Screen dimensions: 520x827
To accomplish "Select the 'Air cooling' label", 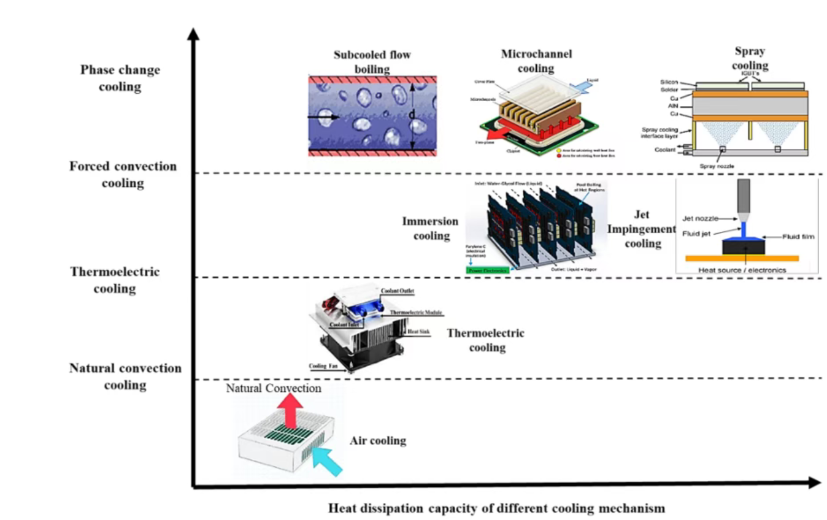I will click(378, 441).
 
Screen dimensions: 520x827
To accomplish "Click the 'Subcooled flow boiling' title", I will click(372, 62).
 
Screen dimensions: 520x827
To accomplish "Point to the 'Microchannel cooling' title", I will click(536, 61).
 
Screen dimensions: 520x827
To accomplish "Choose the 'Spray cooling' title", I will click(750, 59).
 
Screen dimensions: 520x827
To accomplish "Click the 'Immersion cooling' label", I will click(430, 228).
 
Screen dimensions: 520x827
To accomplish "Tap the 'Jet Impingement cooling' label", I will click(642, 229).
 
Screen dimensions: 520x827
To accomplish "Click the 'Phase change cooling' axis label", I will click(120, 78).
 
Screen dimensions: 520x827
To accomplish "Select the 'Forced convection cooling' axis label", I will click(123, 175).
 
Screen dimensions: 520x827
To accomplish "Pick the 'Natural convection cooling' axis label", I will click(125, 377).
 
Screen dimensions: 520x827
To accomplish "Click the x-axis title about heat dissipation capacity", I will click(496, 508).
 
